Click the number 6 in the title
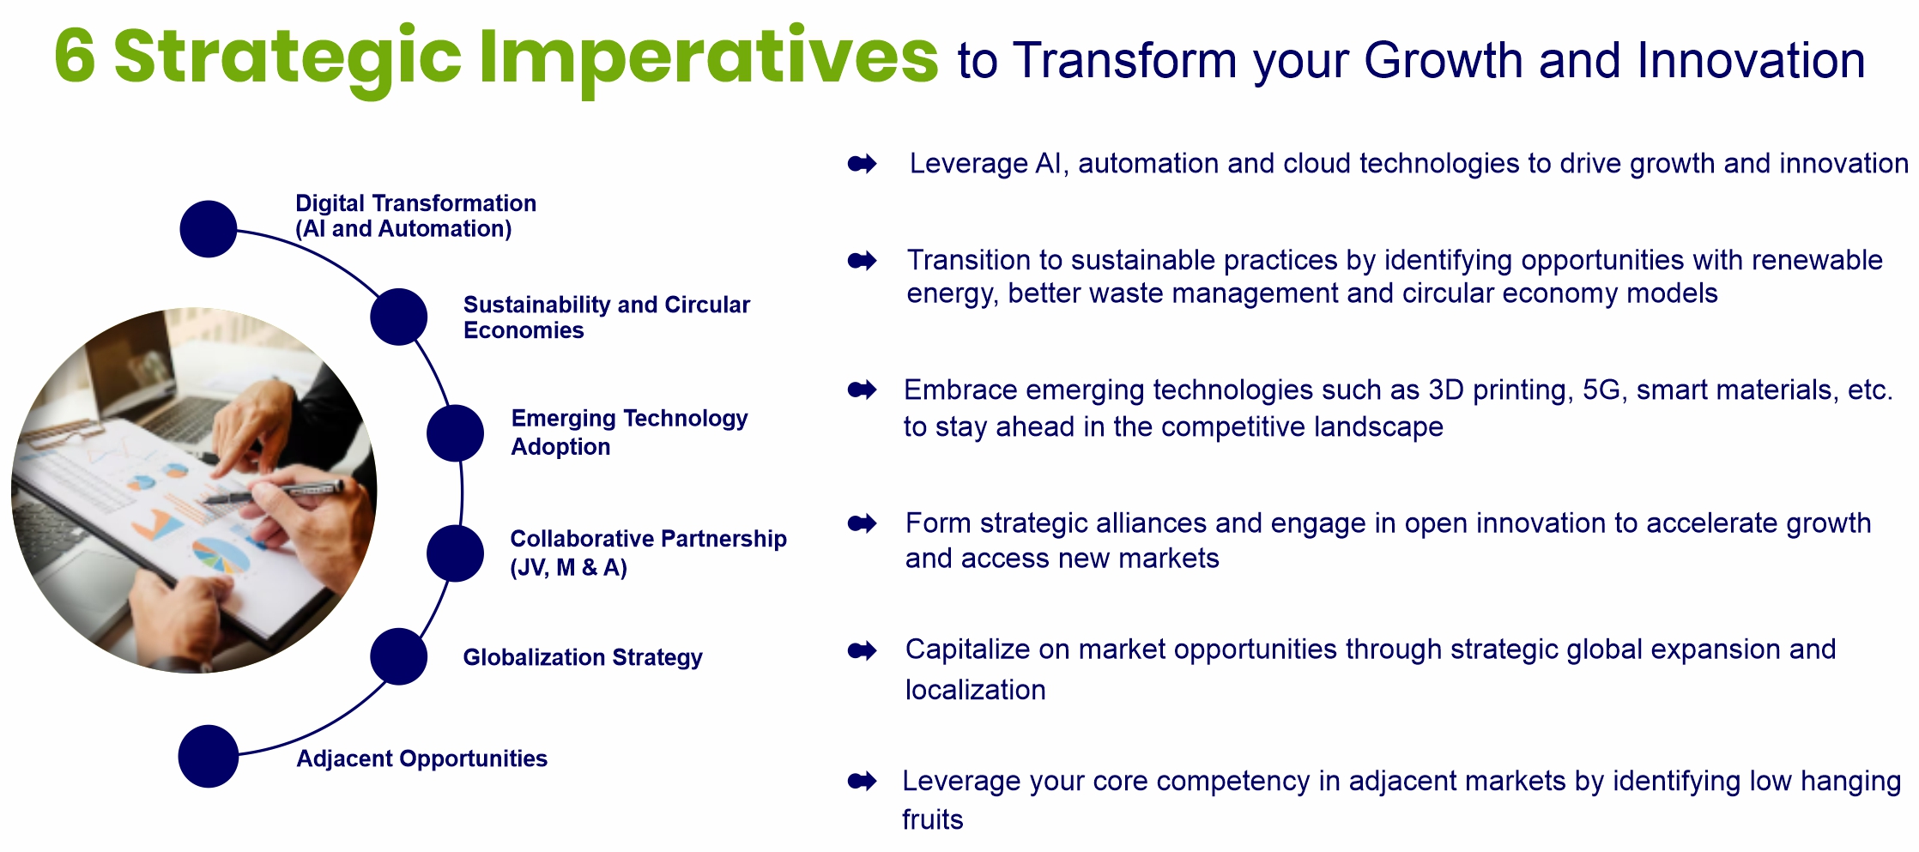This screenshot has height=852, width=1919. coord(75,57)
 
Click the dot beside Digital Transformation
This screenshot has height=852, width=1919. coord(209,229)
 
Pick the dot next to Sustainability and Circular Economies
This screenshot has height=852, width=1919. coord(399,317)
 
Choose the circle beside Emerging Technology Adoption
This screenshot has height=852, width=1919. coord(456,433)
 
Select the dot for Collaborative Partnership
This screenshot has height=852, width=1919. coord(456,553)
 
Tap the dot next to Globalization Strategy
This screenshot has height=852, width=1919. coord(399,656)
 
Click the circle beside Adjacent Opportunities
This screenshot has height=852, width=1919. coord(209,756)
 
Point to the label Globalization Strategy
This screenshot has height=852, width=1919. coord(583,657)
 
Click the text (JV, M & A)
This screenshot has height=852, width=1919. coord(569,567)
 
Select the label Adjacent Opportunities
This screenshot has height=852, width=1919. coord(422,758)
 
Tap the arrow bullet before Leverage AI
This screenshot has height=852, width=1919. coord(863,164)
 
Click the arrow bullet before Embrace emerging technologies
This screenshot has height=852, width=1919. coord(863,390)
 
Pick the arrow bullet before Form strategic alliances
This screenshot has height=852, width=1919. coord(863,523)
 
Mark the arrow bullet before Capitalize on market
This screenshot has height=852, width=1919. coord(863,651)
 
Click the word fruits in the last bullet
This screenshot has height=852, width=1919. coord(933,819)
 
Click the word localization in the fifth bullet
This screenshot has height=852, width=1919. coord(976,690)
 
